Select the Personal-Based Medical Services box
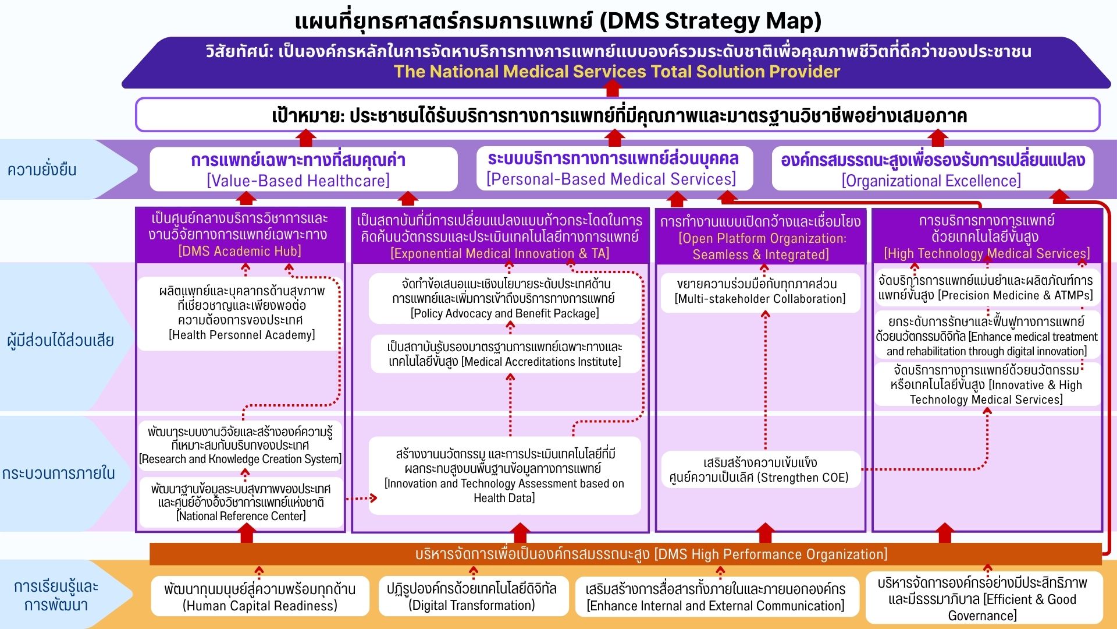click(614, 168)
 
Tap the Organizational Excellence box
click(932, 169)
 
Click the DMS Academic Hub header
click(240, 235)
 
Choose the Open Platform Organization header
click(760, 238)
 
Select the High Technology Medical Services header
click(987, 236)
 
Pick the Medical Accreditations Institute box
click(505, 354)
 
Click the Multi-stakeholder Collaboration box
click(760, 292)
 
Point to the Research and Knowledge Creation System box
click(240, 445)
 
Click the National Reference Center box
click(241, 502)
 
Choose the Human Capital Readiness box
click(259, 597)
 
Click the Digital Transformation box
click(472, 597)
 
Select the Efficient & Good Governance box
click(983, 599)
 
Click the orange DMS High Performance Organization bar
click(625, 554)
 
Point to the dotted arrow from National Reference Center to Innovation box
click(361, 498)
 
